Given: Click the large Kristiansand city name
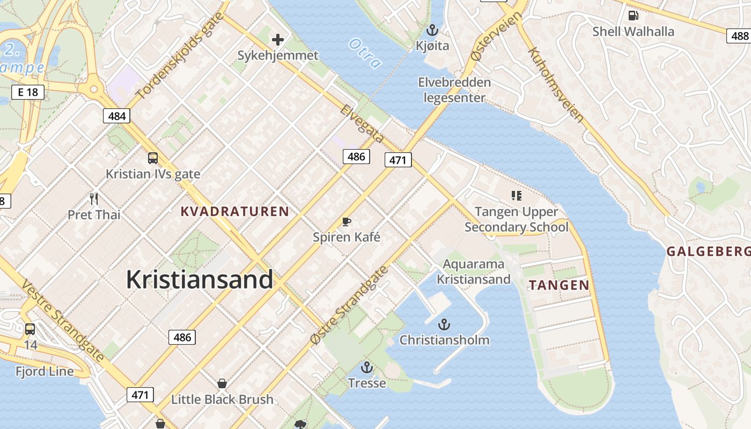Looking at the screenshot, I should click(x=200, y=279).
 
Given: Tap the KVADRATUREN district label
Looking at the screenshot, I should click(x=235, y=211).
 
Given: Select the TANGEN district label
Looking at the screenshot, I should click(x=559, y=285).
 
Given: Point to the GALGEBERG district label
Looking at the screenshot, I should click(x=708, y=251).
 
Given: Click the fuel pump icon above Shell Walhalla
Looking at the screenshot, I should click(x=633, y=15).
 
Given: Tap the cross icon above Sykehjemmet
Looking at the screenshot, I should click(x=277, y=39).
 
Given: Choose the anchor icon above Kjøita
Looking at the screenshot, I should click(x=432, y=30).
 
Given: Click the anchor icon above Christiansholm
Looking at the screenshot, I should click(x=444, y=324).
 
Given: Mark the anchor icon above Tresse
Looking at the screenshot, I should click(x=366, y=367).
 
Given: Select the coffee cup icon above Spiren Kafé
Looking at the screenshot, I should click(x=347, y=221).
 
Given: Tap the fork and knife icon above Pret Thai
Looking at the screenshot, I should click(x=94, y=199).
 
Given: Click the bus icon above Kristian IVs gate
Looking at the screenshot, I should click(x=153, y=158).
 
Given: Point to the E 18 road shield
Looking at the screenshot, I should click(x=28, y=92).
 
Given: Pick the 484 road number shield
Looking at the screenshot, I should click(x=116, y=116).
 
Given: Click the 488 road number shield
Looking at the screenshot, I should click(x=739, y=36).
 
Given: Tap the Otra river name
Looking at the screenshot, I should click(x=365, y=53).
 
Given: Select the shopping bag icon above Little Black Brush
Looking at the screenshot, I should click(x=222, y=383).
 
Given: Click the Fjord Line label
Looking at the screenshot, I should click(x=45, y=371).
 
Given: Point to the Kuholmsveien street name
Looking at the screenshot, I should click(x=555, y=85).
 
